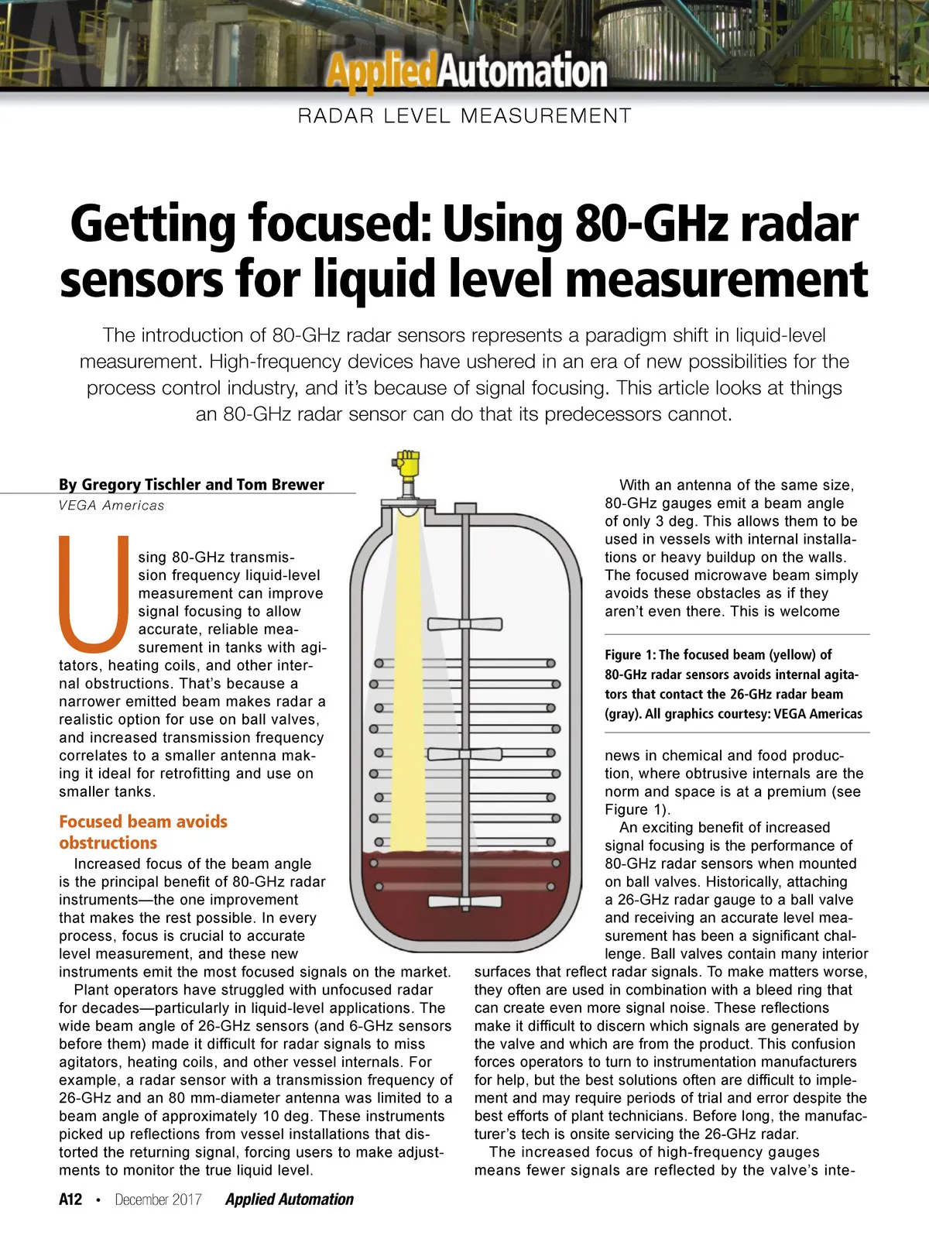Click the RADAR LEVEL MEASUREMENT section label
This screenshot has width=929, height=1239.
464,116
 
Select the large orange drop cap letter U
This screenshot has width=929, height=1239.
94,592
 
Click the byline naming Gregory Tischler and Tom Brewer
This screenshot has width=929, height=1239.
191,485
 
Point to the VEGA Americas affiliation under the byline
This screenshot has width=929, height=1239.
111,506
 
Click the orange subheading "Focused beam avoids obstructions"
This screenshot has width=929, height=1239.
143,832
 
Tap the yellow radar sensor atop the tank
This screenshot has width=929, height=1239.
406,468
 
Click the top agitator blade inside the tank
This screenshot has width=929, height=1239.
464,624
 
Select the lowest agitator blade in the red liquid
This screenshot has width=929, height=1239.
464,901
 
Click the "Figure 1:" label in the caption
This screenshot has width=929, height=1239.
630,655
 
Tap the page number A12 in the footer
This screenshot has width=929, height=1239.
70,1200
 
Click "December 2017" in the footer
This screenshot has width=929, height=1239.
158,1200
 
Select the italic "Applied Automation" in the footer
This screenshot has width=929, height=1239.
290,1200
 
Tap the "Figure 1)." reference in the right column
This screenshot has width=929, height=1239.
638,810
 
